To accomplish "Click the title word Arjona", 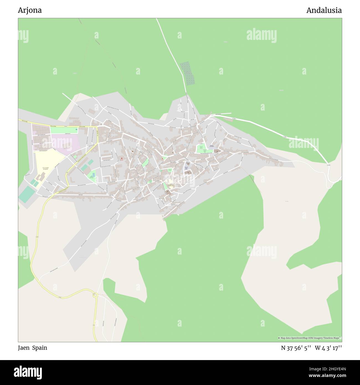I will click(x=30, y=10).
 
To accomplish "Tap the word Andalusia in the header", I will click(x=324, y=10).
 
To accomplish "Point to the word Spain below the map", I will click(x=40, y=348).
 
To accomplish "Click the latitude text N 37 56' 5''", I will click(x=296, y=348).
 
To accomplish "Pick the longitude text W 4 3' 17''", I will click(x=328, y=348).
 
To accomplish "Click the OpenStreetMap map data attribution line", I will click(x=310, y=338).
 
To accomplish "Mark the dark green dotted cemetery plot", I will click(x=187, y=73).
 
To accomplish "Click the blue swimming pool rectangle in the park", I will click(x=93, y=174).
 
